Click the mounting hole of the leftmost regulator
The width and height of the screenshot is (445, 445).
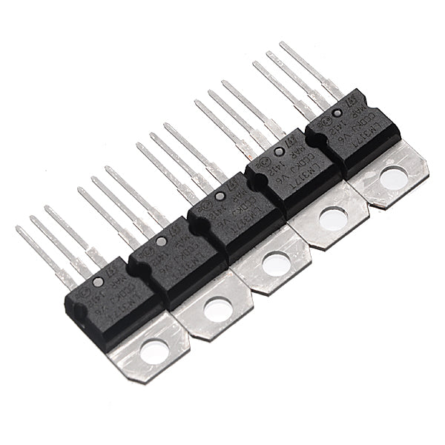coord(155,351)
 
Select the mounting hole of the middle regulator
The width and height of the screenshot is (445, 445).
coord(276,263)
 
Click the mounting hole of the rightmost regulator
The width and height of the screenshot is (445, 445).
coord(391,177)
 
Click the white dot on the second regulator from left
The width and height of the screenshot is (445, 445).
coord(161,242)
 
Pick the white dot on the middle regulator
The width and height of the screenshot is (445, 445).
coord(220,197)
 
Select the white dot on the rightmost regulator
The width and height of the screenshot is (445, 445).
coord(337,113)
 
